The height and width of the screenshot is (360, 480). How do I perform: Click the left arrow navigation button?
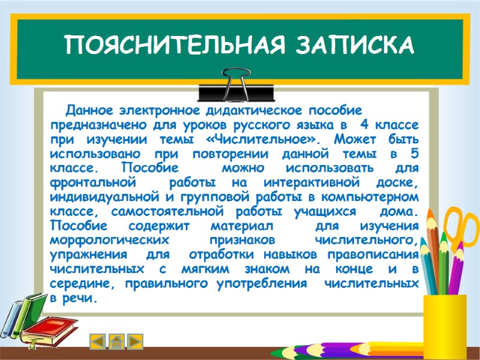coord(98,341)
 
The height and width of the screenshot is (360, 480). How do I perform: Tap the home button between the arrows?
coord(117,341)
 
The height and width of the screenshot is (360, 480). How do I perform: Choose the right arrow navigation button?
coord(136,341)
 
